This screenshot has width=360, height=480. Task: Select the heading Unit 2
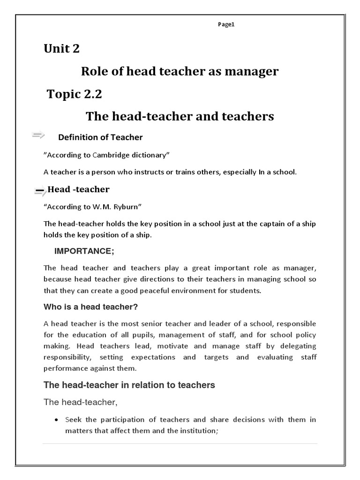(61, 49)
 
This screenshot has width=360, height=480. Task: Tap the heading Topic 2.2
(74, 94)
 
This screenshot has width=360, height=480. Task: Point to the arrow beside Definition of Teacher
(38, 136)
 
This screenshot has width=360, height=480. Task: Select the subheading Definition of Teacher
(100, 137)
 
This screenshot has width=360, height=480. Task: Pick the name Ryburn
(124, 207)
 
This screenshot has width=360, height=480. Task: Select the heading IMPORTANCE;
(84, 251)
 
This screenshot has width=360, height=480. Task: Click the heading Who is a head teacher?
(90, 307)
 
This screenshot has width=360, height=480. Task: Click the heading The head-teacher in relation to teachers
(129, 385)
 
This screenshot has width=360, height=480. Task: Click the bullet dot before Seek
(57, 420)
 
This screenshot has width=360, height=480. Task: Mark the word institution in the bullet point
(194, 430)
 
